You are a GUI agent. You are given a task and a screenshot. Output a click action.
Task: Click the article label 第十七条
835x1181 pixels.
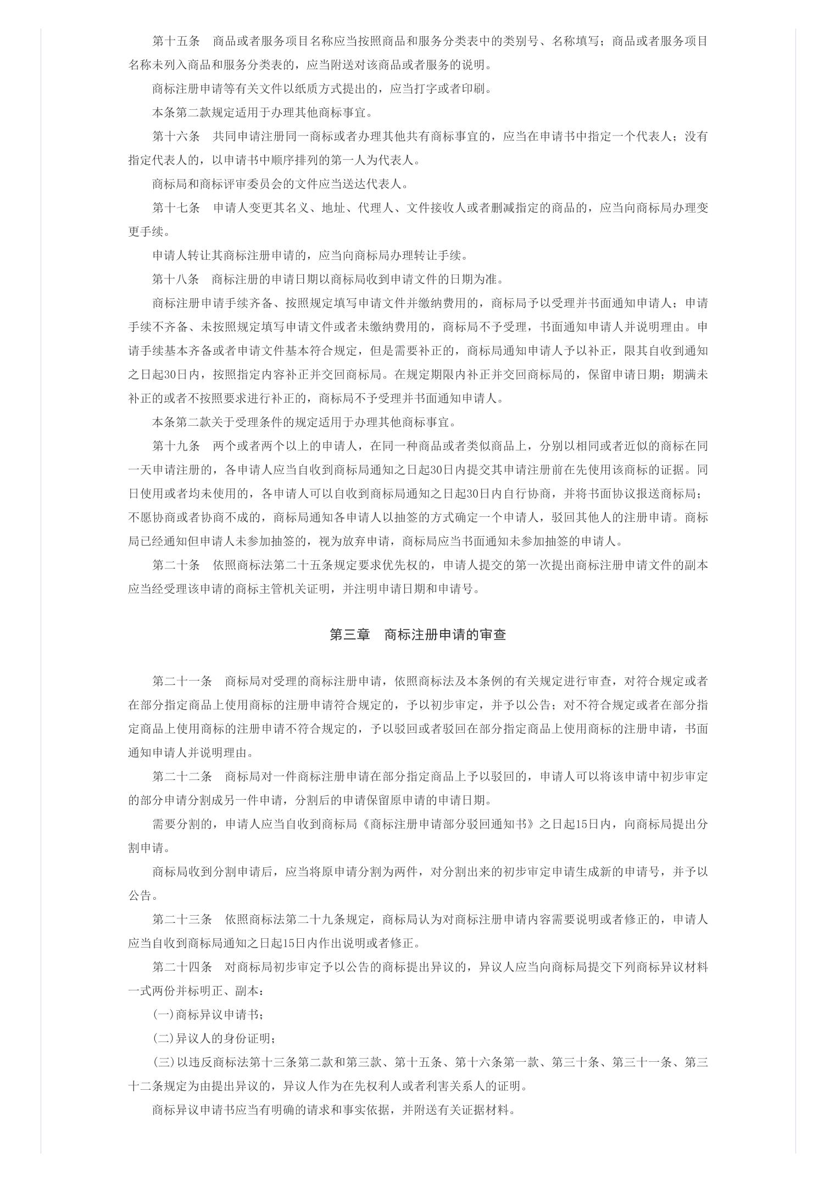(x=175, y=208)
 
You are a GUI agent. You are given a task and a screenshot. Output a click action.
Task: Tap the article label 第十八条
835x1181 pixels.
(x=175, y=279)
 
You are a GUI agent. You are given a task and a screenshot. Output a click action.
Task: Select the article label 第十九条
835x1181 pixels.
(x=175, y=445)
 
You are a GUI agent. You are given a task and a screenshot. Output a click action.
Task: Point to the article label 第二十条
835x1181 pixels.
(x=175, y=565)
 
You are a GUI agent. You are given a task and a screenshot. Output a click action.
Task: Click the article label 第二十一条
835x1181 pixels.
(x=182, y=681)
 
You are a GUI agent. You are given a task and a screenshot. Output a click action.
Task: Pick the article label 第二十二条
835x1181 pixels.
(x=182, y=776)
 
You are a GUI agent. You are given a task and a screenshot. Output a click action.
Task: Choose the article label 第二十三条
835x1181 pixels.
(x=182, y=919)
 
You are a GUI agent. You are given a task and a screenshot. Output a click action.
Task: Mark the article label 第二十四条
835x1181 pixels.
(x=182, y=966)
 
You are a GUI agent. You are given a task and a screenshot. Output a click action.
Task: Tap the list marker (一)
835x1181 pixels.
(x=163, y=1014)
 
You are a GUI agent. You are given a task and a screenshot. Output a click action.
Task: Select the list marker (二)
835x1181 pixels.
(x=163, y=1038)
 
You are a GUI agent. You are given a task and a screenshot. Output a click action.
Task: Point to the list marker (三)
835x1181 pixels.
(x=163, y=1062)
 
